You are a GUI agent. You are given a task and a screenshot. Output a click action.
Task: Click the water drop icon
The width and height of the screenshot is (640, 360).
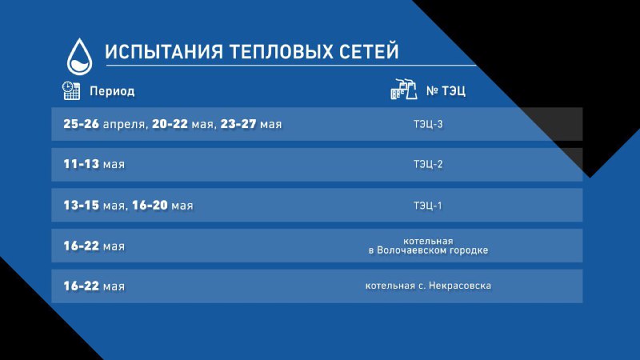coord(79,57)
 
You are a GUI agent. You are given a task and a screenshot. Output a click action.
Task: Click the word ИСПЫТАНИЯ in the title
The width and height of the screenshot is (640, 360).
coord(164,52)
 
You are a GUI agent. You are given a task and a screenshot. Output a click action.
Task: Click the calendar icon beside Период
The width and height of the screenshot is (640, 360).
coord(71,90)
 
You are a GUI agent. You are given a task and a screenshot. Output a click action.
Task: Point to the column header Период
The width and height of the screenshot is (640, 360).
coord(112,91)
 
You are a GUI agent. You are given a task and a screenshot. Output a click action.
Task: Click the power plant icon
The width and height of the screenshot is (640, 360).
coord(404,90)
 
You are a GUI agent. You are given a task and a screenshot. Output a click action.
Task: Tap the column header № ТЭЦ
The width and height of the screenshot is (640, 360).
coord(446,90)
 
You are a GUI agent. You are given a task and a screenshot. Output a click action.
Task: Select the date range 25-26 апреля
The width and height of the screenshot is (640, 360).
coord(104,124)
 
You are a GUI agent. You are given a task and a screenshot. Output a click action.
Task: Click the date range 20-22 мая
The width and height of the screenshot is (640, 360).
coord(182,124)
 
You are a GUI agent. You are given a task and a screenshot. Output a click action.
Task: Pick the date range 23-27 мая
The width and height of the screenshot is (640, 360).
coord(251,124)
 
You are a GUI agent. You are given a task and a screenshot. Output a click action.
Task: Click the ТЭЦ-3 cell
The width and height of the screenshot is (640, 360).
coord(428,124)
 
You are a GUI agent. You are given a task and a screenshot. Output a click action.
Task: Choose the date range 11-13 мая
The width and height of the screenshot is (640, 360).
coord(94,164)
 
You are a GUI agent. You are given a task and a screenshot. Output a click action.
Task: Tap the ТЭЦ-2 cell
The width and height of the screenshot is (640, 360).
coord(428,164)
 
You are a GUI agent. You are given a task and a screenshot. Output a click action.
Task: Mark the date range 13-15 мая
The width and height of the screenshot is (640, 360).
coord(94,206)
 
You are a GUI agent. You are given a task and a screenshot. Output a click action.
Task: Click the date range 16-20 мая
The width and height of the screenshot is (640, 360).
coord(162,206)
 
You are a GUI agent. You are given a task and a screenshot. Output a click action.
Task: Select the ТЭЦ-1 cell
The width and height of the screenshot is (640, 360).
coord(428,206)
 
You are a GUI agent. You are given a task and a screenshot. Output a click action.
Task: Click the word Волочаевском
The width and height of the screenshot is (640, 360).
coord(412,250)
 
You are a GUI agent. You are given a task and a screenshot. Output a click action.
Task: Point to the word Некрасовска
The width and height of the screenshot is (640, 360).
coord(460,286)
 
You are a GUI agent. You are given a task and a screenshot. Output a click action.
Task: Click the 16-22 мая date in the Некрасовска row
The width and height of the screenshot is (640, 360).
coord(94,286)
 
